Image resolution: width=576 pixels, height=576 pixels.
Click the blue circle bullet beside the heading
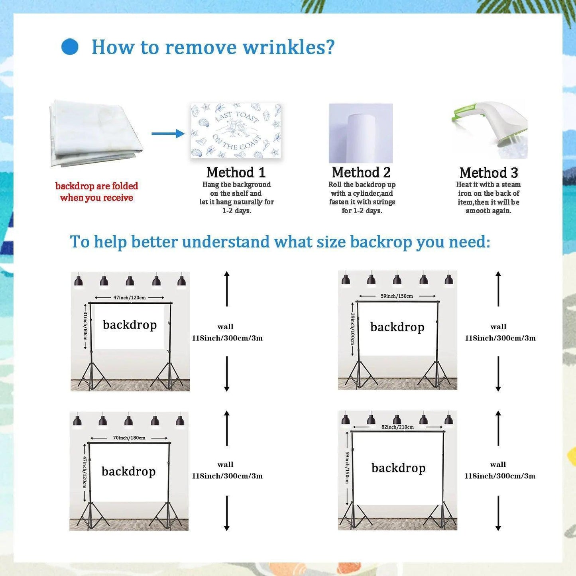pyautogui.click(x=70, y=47)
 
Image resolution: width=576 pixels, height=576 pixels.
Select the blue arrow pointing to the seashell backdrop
pyautogui.click(x=168, y=134)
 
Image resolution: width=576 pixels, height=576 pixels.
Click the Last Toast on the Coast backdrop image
pyautogui.click(x=236, y=131)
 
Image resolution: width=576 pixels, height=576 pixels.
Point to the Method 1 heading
pyautogui.click(x=236, y=173)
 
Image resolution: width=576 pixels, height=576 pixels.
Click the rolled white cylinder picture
pyautogui.click(x=361, y=134)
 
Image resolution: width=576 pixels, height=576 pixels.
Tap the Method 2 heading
pyautogui.click(x=361, y=173)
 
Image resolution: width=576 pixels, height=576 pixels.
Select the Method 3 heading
pyautogui.click(x=489, y=173)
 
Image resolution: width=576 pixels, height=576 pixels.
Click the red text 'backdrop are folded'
pyautogui.click(x=97, y=186)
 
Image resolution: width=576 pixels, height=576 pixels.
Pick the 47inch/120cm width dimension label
pyautogui.click(x=130, y=297)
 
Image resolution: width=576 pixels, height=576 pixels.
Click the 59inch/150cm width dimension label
pyautogui.click(x=397, y=296)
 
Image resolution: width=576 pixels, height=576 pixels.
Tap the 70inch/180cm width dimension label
pyautogui.click(x=129, y=438)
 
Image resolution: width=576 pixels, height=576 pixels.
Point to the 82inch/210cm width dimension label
pyautogui.click(x=397, y=427)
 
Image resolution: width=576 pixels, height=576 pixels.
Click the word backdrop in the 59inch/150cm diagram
pyautogui.click(x=397, y=327)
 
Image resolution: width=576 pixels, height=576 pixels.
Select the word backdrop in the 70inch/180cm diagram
pyautogui.click(x=128, y=472)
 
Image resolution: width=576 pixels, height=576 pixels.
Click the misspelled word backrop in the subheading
pyautogui.click(x=381, y=242)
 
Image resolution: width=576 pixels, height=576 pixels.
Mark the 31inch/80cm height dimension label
pyautogui.click(x=85, y=326)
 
